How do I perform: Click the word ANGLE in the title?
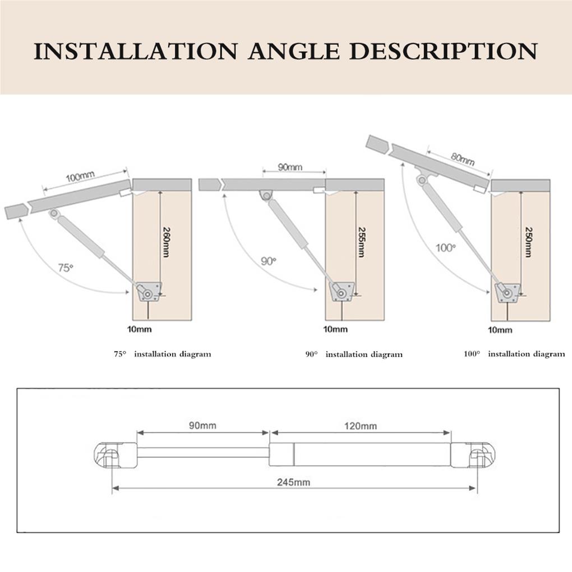click(x=294, y=52)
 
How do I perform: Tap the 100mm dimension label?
click(x=80, y=178)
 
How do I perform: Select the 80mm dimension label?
click(x=462, y=159)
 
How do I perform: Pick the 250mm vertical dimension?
click(x=528, y=241)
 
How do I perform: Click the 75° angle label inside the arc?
click(x=66, y=267)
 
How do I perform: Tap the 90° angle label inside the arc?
click(x=269, y=261)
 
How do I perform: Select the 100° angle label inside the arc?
click(x=446, y=247)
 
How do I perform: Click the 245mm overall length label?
click(x=293, y=482)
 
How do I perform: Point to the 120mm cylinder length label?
click(x=361, y=426)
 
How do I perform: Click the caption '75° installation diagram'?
click(x=163, y=354)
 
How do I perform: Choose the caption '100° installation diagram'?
click(x=514, y=354)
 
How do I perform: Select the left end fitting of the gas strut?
click(x=115, y=455)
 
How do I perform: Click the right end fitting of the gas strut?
click(x=473, y=455)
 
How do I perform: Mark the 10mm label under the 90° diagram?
click(x=336, y=329)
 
